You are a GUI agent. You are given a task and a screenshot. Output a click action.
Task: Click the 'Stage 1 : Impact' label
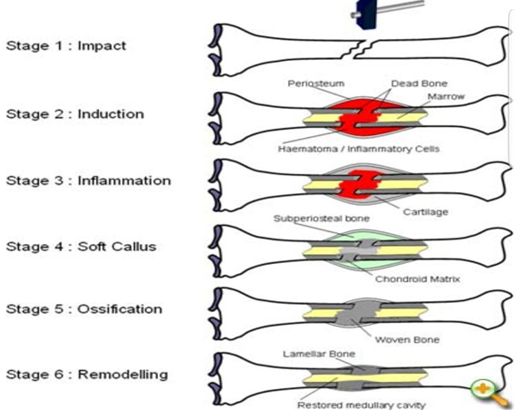tap(66, 45)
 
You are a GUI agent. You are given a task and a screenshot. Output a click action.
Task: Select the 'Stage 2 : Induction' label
tap(75, 114)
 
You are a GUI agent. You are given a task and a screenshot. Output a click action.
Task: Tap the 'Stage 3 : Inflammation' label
tap(89, 181)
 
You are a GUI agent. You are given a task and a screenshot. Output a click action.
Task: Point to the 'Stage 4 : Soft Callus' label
tap(81, 247)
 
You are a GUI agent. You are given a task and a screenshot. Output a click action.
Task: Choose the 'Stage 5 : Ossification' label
tap(84, 309)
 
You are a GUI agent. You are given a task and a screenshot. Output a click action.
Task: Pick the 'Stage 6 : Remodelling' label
tap(87, 375)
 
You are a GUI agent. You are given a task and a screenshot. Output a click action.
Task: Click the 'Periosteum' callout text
tap(315, 83)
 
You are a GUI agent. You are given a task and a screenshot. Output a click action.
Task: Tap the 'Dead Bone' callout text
tap(419, 83)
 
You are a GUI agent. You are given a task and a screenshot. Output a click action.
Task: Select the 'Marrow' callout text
tap(446, 97)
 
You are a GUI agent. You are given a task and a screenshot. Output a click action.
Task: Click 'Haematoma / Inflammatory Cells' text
tap(359, 149)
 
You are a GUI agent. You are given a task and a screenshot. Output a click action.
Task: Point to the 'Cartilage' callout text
tap(425, 212)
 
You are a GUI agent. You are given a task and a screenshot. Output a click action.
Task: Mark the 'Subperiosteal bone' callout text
tap(322, 219)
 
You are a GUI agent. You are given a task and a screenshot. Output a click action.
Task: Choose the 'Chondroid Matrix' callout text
tap(418, 279)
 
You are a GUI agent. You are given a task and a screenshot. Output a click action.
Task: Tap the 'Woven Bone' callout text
tap(407, 340)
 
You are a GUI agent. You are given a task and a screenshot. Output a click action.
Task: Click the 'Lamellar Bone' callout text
tap(319, 354)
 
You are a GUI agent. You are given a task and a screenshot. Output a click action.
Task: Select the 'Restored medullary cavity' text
tap(362, 405)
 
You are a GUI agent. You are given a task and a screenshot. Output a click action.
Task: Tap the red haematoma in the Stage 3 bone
tap(359, 184)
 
